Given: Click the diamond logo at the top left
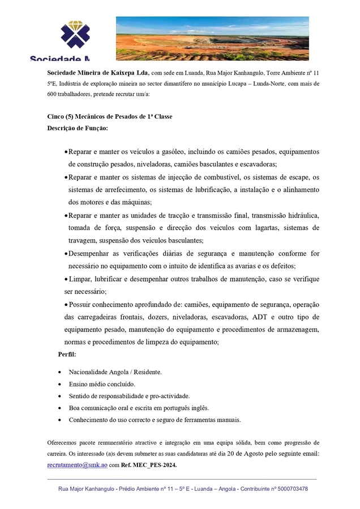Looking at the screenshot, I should tap(75, 35).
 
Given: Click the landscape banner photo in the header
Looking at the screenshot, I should tap(212, 38).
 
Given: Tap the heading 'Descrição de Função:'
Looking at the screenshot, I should tap(77, 128).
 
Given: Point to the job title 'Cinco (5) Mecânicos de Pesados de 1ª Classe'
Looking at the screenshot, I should tap(109, 117).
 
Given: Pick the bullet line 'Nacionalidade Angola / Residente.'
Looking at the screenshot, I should tap(115, 372).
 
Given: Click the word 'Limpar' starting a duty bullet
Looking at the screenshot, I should tap(79, 279).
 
